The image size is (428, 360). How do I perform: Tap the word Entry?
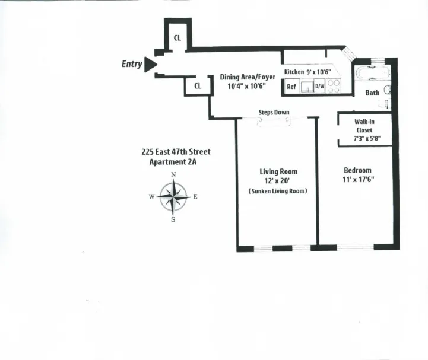[132, 64]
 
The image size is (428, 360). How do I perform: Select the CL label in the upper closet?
[177, 38]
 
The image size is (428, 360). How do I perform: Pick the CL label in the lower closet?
[198, 85]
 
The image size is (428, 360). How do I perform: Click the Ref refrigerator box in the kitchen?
[291, 87]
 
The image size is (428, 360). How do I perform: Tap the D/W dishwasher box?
[319, 87]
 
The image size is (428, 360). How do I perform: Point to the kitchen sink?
[306, 87]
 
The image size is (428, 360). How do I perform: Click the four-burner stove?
[334, 87]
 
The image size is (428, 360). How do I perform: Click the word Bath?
[372, 93]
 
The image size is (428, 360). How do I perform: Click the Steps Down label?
[274, 112]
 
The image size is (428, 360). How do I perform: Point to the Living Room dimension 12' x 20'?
[276, 180]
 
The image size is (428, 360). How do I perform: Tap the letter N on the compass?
[173, 175]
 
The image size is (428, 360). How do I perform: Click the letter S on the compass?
[173, 219]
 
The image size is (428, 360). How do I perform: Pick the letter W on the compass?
[152, 197]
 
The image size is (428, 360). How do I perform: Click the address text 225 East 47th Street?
[176, 152]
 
